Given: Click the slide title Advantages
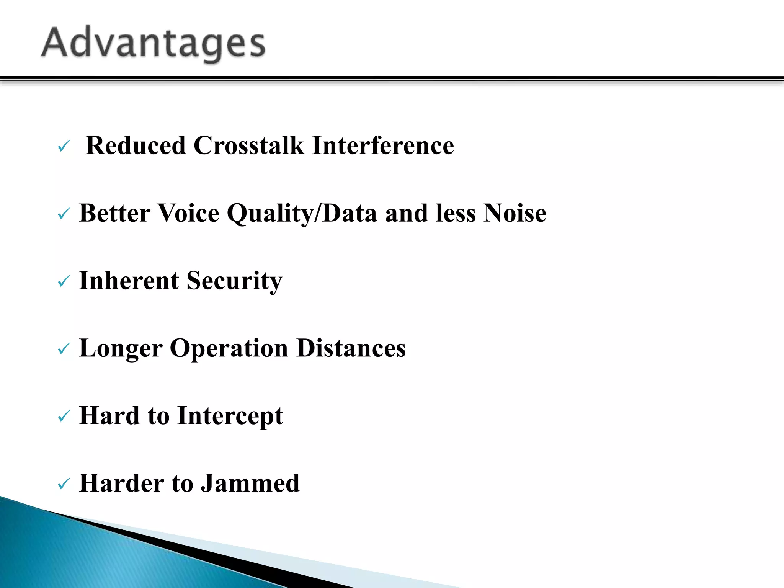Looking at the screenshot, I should (x=153, y=43).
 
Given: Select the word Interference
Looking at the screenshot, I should (x=383, y=145).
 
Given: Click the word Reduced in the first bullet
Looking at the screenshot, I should (x=136, y=145).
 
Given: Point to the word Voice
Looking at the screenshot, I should (x=188, y=213).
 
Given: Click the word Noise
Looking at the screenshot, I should (x=514, y=213).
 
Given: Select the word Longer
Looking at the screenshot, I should (x=121, y=349).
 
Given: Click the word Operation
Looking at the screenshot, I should (x=229, y=349).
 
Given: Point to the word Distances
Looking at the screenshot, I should (x=351, y=348).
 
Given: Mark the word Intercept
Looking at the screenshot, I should (x=230, y=416).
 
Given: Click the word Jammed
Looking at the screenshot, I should (x=250, y=483).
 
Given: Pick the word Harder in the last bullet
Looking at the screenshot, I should (x=121, y=483).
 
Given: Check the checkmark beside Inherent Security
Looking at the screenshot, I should (x=64, y=282).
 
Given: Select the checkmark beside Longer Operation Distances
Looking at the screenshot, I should (x=64, y=349).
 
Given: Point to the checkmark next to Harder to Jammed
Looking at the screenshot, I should (x=64, y=484).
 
